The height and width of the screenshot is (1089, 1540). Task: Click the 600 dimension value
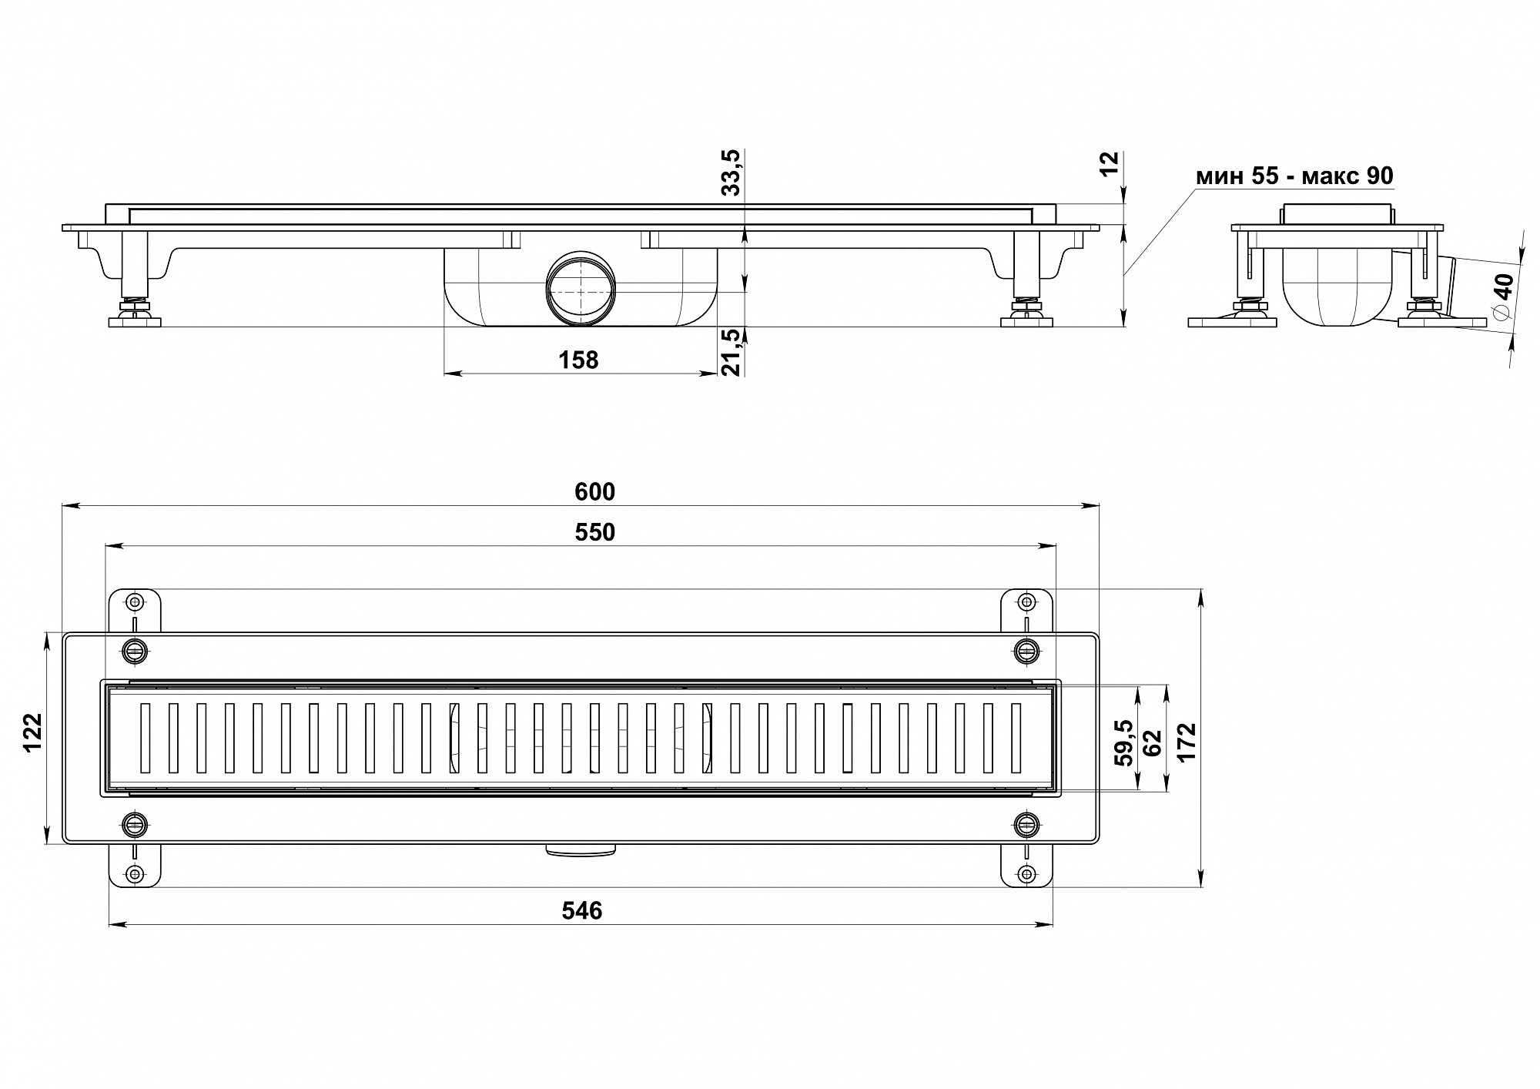pos(594,491)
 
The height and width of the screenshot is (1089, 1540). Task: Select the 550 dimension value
pos(594,532)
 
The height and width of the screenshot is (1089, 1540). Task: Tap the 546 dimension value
pos(581,911)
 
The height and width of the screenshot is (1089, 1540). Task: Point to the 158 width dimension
pos(578,360)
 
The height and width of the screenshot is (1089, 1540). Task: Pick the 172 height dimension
pos(1187,742)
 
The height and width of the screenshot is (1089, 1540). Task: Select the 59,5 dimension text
pos(1123,742)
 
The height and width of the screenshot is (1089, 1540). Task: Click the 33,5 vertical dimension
pos(731,173)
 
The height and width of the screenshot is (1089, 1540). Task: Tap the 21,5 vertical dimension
pos(731,352)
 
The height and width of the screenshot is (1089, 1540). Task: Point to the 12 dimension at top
pos(1109,163)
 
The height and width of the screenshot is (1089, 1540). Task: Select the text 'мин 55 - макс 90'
pos(1294,176)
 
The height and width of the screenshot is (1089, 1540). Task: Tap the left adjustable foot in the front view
pos(134,313)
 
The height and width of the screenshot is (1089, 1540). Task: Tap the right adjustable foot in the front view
pos(1026,313)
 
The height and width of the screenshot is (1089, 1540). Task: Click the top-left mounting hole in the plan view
pos(135,601)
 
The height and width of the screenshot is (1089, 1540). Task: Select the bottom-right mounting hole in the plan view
pos(1025,873)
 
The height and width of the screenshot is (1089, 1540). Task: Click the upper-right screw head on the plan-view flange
pos(1025,651)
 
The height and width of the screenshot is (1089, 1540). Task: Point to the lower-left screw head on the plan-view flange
pos(135,825)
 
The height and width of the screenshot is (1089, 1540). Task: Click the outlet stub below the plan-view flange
pos(581,849)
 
